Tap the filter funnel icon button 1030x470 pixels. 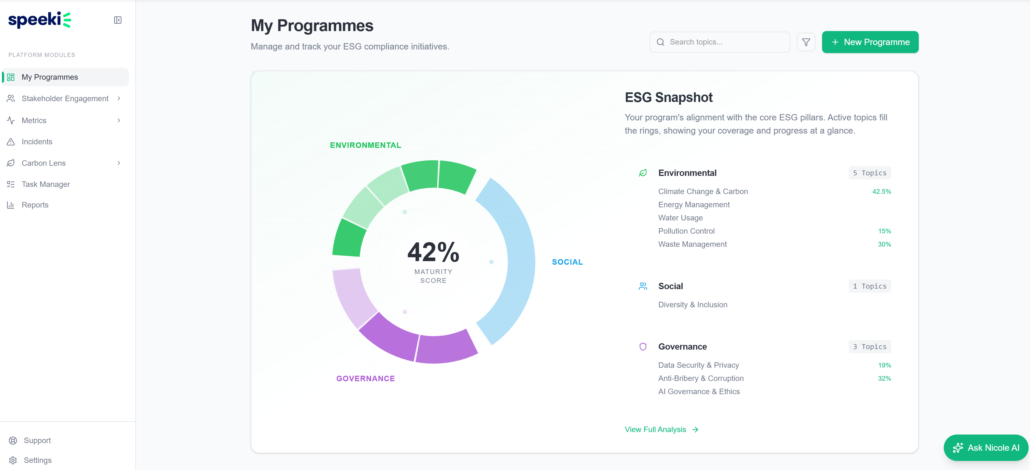click(806, 42)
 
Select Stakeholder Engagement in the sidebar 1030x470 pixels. click(65, 98)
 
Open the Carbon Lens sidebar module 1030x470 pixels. click(44, 163)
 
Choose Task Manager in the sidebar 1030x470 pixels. click(46, 184)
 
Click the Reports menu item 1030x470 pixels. click(35, 205)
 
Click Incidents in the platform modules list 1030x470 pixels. click(37, 142)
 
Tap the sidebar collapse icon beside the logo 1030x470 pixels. click(118, 20)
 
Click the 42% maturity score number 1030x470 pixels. click(433, 252)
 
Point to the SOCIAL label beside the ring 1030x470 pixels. click(567, 262)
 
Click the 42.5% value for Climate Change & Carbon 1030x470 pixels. click(881, 192)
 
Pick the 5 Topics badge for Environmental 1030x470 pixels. click(869, 173)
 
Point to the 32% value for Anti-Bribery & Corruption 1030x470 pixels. click(884, 378)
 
